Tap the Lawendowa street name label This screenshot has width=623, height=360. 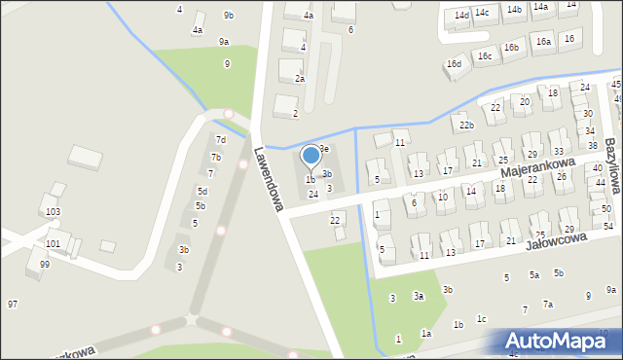(267, 178)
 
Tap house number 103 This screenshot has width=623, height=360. (53, 211)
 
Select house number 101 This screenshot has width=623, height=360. (53, 243)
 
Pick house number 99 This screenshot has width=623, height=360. (45, 265)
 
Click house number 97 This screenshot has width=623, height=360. (13, 305)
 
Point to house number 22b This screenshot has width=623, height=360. (467, 126)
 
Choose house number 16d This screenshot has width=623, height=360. (454, 64)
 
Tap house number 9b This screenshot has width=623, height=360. (229, 15)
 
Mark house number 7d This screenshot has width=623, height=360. (221, 140)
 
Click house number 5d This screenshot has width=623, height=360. (202, 191)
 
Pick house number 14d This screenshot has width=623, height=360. (462, 16)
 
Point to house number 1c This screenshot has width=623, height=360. (481, 318)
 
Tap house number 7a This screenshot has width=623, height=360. (548, 305)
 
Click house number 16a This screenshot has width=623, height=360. (543, 42)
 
